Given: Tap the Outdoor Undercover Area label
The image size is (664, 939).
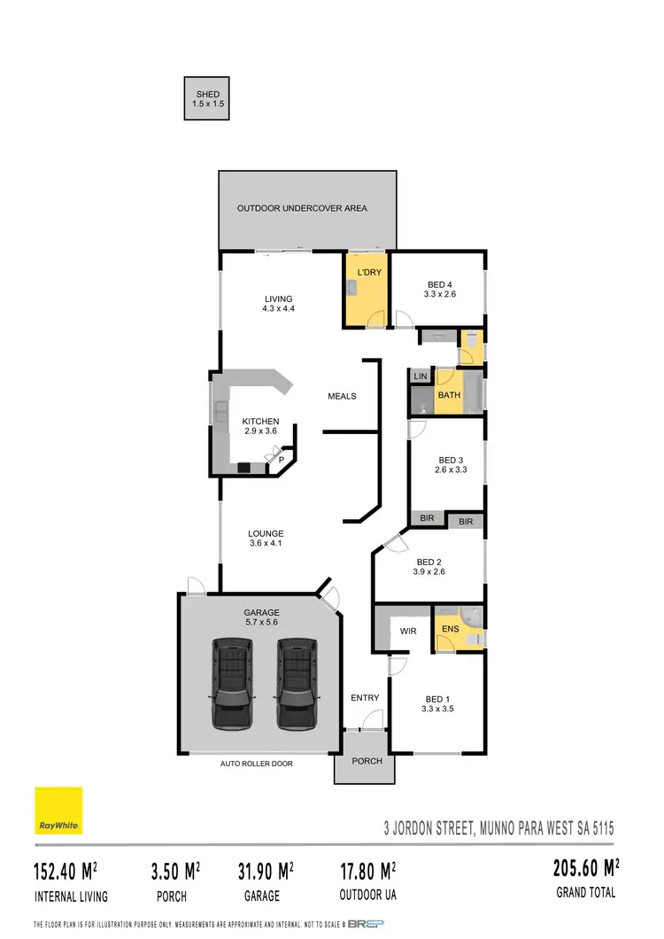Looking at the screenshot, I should tap(302, 208).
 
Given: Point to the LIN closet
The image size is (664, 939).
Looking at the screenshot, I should tap(420, 377).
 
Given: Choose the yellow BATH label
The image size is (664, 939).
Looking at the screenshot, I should tap(449, 395).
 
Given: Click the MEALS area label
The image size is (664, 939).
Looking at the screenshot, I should tap(342, 396).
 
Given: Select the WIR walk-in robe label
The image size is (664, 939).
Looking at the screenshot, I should tap(408, 632).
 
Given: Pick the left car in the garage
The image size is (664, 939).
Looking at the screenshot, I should tap(231, 682).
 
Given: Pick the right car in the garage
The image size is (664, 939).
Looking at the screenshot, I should tap(296, 682).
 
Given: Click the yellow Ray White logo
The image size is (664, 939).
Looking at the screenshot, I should tap(58, 811).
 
